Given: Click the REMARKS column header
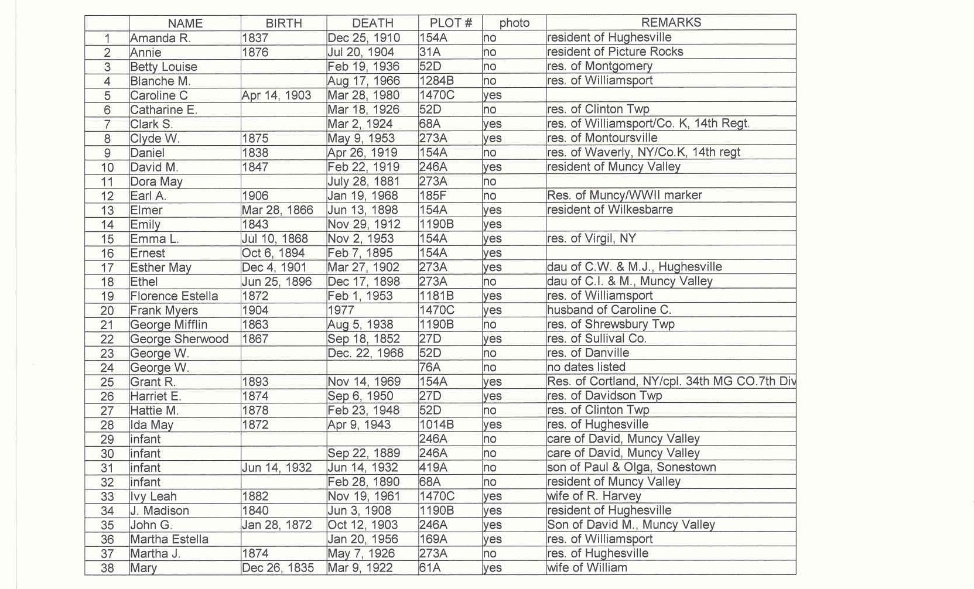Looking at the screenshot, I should (x=671, y=23).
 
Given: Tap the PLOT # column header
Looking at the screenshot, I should (x=450, y=23).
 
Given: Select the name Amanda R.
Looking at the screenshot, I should (x=160, y=38).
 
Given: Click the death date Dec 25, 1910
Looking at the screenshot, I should (x=364, y=38).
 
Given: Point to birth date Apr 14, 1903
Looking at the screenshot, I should (x=276, y=95).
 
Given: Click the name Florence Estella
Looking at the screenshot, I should (x=174, y=296).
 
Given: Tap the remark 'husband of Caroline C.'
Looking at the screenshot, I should (x=609, y=310).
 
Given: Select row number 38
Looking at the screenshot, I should (x=107, y=568).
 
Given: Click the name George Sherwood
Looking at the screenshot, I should (x=179, y=339).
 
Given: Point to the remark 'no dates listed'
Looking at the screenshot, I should (x=586, y=367).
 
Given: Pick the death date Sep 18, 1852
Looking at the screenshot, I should (x=364, y=339).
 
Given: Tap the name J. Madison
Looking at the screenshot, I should (x=159, y=511).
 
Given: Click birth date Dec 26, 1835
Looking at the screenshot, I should (x=278, y=568).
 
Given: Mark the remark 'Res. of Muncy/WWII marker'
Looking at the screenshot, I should (x=624, y=195).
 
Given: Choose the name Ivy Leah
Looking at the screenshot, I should (x=153, y=496).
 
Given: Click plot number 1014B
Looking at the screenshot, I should (x=436, y=424).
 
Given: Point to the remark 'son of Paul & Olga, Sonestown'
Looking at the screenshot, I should (x=631, y=467).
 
